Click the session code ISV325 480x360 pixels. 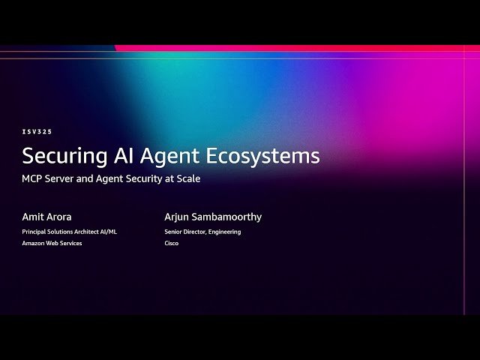tap(37, 131)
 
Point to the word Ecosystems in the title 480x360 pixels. tap(263, 156)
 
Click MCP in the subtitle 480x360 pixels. tap(33, 178)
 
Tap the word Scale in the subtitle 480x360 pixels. tap(188, 178)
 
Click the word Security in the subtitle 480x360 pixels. tap(142, 178)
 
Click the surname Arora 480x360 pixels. tap(60, 217)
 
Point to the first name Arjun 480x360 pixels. tap(178, 217)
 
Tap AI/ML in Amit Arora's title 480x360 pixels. tap(107, 232)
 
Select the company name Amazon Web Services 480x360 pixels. tap(52, 243)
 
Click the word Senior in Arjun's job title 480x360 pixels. tap(175, 232)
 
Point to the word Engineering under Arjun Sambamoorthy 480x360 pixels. tap(224, 232)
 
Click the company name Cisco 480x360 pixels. tap(172, 243)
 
